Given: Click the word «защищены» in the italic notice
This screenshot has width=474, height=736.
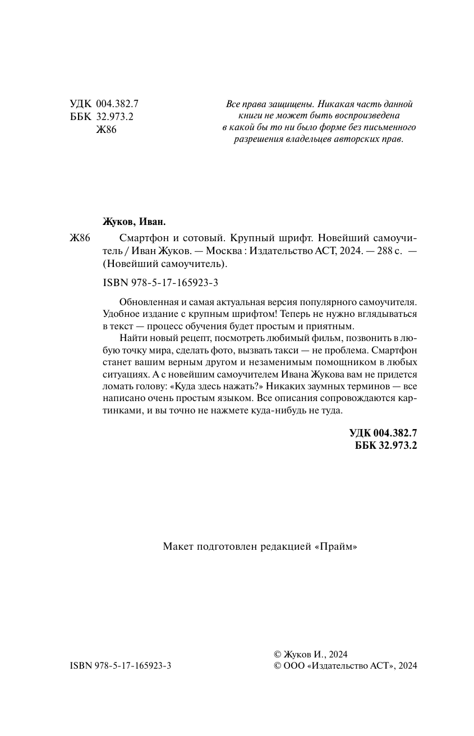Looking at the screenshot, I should [282, 104].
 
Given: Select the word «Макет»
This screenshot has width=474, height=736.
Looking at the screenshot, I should [177, 546].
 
